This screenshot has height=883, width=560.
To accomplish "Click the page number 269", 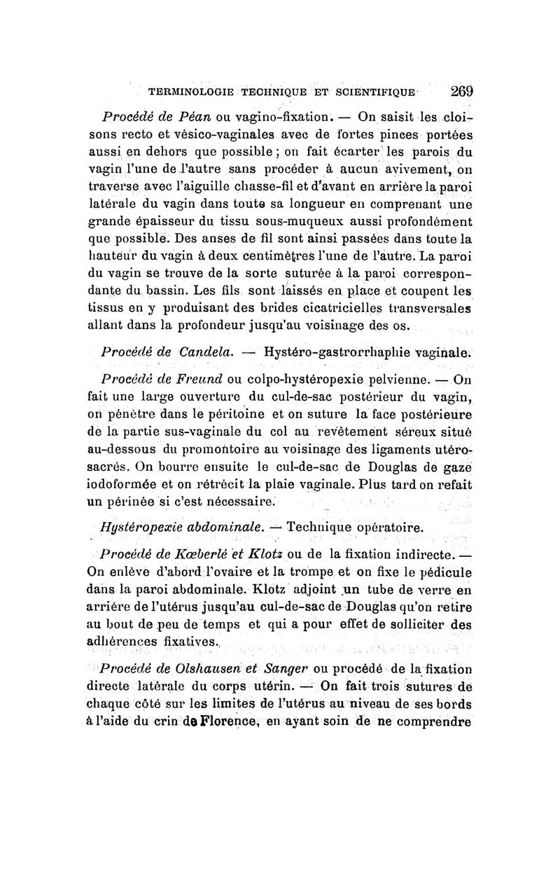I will tap(463, 91).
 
